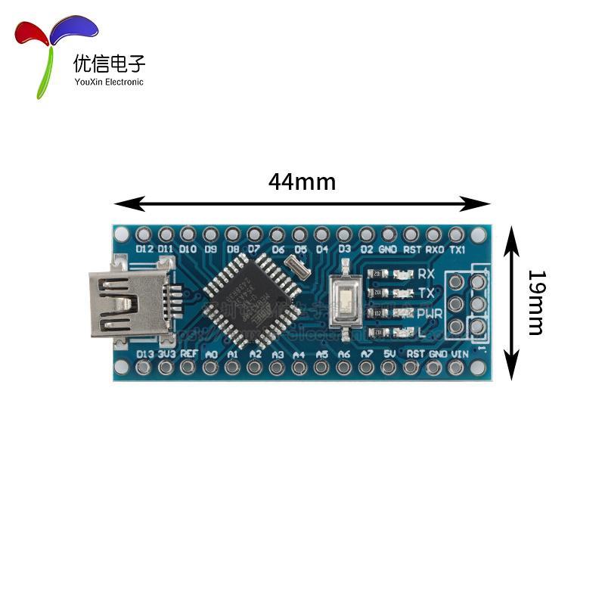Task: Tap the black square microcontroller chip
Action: [248, 299]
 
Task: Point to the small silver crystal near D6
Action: [298, 265]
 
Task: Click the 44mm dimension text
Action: [302, 182]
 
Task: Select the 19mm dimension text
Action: [535, 302]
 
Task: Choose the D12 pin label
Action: [144, 248]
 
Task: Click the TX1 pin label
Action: [457, 248]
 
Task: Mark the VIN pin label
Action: [460, 353]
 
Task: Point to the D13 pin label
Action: [144, 353]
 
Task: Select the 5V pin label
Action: [390, 353]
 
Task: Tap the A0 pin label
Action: [212, 353]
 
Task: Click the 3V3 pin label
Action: [167, 353]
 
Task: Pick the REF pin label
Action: [189, 353]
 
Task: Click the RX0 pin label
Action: [434, 248]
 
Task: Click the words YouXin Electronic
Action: [109, 82]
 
